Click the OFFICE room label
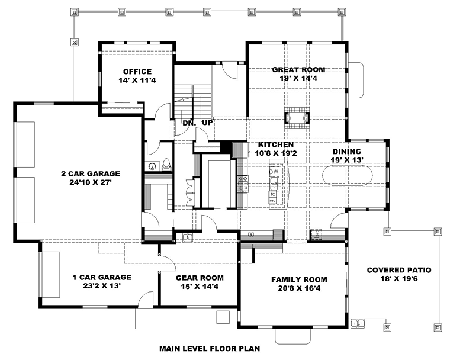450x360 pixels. point(137,72)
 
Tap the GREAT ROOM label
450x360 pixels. point(298,70)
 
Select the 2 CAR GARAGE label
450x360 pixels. point(91,173)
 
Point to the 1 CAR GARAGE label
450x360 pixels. point(102,277)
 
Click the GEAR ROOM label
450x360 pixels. point(200,278)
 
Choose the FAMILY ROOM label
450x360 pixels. point(300,279)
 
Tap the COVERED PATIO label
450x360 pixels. point(399,270)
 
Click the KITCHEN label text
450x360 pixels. point(276,144)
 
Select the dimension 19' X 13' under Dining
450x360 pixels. point(347,160)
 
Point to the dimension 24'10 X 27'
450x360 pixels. point(91,182)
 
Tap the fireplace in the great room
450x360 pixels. point(297,118)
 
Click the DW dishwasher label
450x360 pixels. point(274,172)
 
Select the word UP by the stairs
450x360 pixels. point(207,123)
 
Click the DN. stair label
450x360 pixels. point(189,123)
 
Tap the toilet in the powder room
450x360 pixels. point(166,164)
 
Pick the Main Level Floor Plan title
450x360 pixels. point(210,349)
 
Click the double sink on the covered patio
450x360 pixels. point(358,323)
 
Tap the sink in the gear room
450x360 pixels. point(188,237)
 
